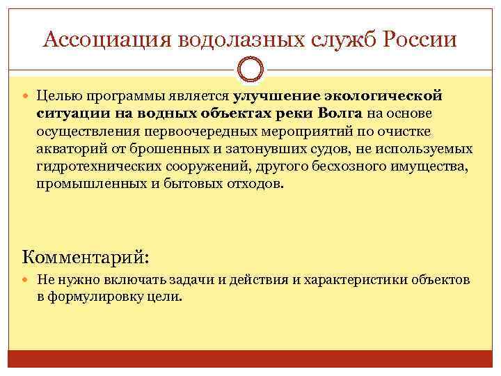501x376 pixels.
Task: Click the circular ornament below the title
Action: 250,70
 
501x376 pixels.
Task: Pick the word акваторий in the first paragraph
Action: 67,150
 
